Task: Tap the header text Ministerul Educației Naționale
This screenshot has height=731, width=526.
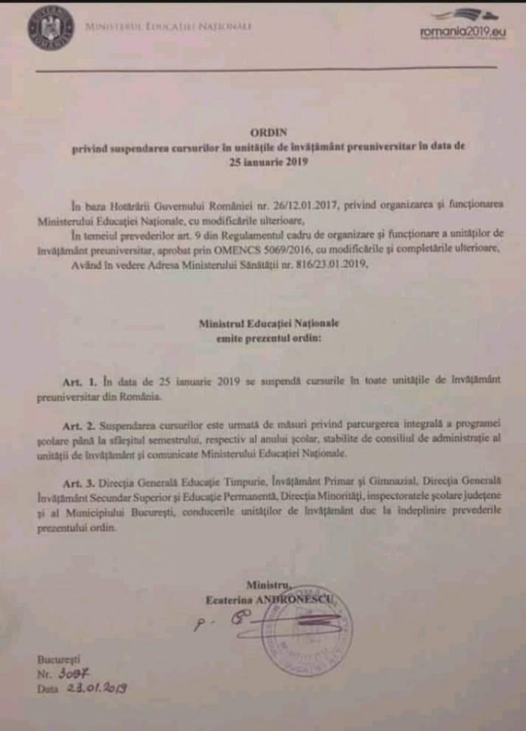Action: [169, 27]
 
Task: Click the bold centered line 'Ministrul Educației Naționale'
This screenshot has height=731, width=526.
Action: [269, 323]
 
